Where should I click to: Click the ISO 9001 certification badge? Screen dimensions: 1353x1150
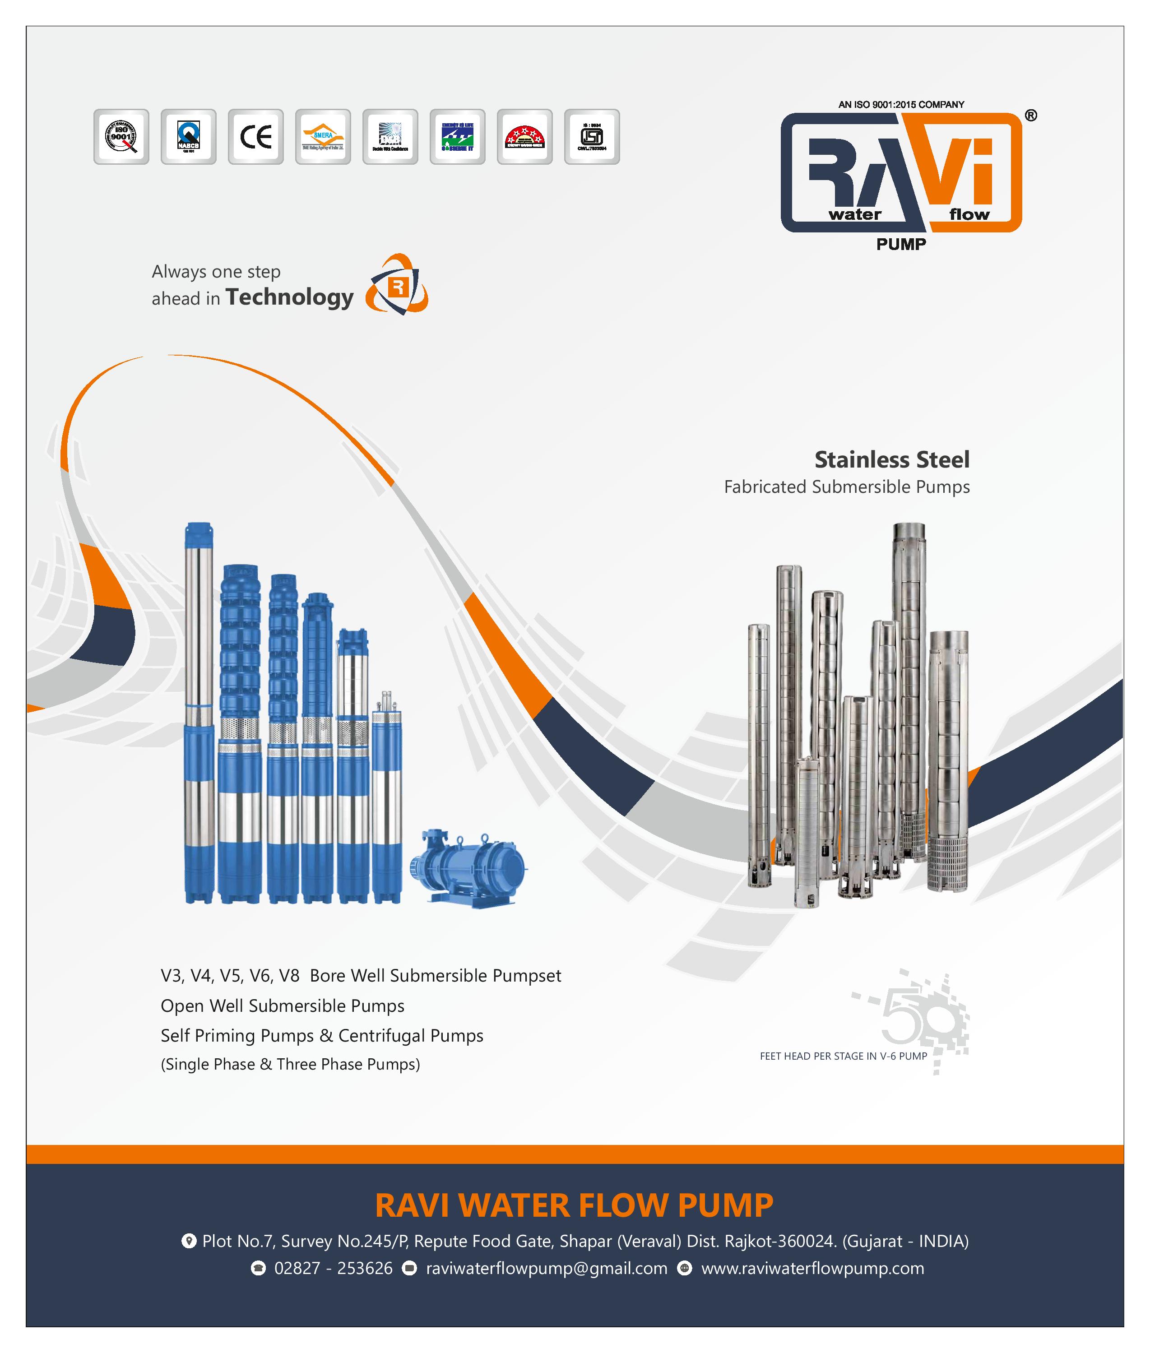coord(121,137)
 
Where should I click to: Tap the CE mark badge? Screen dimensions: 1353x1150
coord(255,137)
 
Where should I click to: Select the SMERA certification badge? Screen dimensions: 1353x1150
coord(323,137)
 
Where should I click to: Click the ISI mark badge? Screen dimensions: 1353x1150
coord(591,137)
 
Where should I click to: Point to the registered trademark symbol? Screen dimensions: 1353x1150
coord(1031,116)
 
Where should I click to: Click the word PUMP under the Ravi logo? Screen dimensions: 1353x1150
coord(901,245)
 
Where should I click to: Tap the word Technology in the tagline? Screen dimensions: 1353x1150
coord(289,297)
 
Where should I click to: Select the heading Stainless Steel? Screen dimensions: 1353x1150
coord(891,459)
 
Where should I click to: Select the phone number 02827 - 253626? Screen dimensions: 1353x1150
coord(333,1268)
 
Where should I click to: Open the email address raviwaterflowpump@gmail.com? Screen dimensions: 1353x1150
coord(546,1268)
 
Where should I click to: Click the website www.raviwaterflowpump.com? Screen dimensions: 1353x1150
coord(812,1268)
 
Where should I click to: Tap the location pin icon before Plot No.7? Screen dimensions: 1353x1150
coord(188,1241)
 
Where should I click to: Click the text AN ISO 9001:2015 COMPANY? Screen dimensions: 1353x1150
coord(901,104)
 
